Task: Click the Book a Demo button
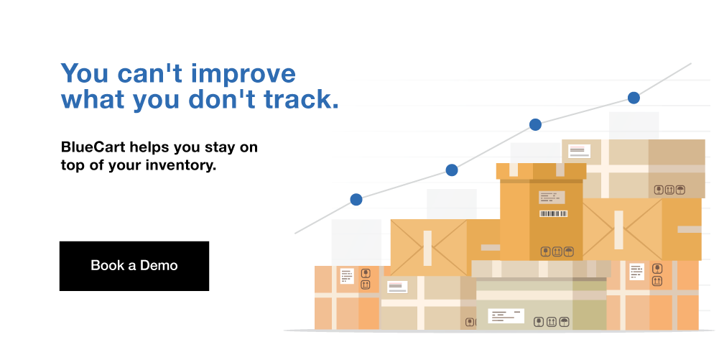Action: coord(134,266)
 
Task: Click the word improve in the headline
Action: coord(243,74)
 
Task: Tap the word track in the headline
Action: coord(301,99)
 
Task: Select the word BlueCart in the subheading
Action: coord(93,147)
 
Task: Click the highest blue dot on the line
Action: coord(634,98)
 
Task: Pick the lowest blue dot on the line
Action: coord(356,200)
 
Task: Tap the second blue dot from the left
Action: coord(452,170)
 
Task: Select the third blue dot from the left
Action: coord(535,124)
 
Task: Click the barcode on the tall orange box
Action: coord(554,213)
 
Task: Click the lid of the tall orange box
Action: coord(541,171)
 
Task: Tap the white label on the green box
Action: coord(506,316)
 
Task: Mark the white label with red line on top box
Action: coord(579,151)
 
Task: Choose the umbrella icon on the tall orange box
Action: coord(569,251)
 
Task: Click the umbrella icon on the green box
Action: coord(565,322)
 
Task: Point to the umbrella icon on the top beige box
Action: coord(680,190)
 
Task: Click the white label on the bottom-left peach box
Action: coord(347,276)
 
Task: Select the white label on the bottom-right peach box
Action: coord(636,272)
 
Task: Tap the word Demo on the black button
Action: coord(159,266)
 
